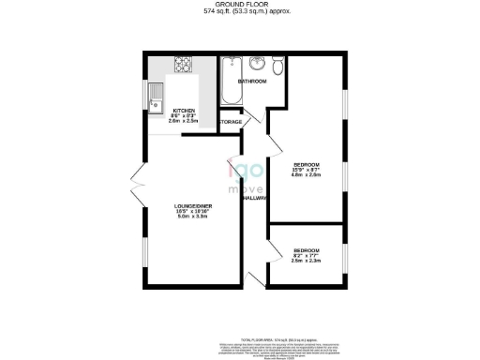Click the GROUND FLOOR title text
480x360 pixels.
pos(240,5)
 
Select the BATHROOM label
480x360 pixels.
pos(252,82)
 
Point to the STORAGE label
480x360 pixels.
pos(232,122)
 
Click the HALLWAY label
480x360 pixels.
pos(254,198)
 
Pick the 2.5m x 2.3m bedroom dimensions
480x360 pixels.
pos(307,261)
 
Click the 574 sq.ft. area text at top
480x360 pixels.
pos(240,12)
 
